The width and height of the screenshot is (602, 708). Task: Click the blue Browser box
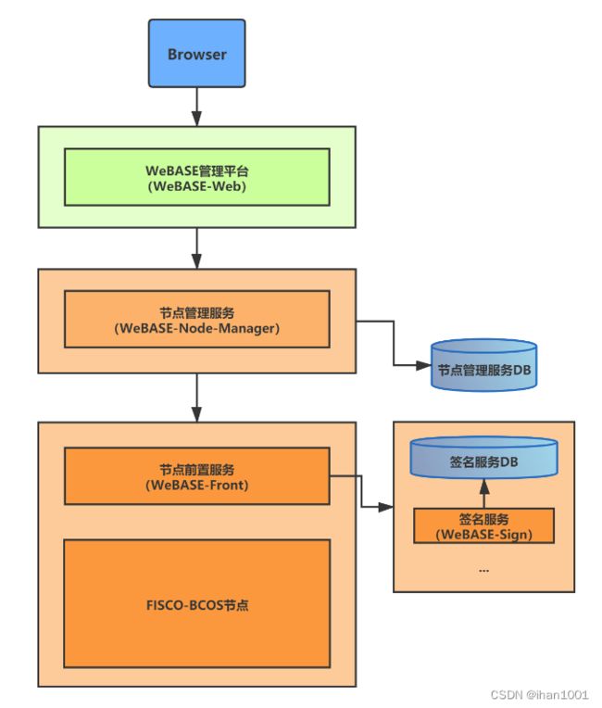[196, 53]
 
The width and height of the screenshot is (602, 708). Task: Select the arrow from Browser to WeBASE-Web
[196, 107]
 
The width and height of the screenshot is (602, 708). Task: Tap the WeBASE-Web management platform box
[196, 177]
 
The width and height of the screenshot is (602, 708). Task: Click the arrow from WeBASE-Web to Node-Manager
[196, 248]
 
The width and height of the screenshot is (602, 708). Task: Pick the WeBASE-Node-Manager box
[196, 319]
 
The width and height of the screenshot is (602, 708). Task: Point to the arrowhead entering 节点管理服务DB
[423, 365]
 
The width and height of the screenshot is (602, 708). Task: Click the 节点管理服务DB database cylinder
[483, 365]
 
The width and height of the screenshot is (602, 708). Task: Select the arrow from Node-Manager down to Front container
[196, 398]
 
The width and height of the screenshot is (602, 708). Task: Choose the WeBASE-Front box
[196, 476]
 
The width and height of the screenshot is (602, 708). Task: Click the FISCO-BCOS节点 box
[196, 603]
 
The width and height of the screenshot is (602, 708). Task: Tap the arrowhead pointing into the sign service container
[386, 507]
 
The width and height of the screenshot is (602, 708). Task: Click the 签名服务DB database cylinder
[483, 458]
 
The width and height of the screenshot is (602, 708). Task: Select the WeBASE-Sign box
[483, 525]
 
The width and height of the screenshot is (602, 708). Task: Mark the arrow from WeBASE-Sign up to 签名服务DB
[484, 493]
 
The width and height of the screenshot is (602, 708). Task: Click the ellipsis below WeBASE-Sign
[483, 571]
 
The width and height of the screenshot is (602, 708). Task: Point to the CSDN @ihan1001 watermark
[539, 694]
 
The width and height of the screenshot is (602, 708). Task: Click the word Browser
[196, 54]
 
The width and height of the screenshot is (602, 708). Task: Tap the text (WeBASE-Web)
[196, 186]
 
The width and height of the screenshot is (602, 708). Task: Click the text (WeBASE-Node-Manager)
[196, 328]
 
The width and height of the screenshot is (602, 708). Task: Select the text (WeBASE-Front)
[196, 486]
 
